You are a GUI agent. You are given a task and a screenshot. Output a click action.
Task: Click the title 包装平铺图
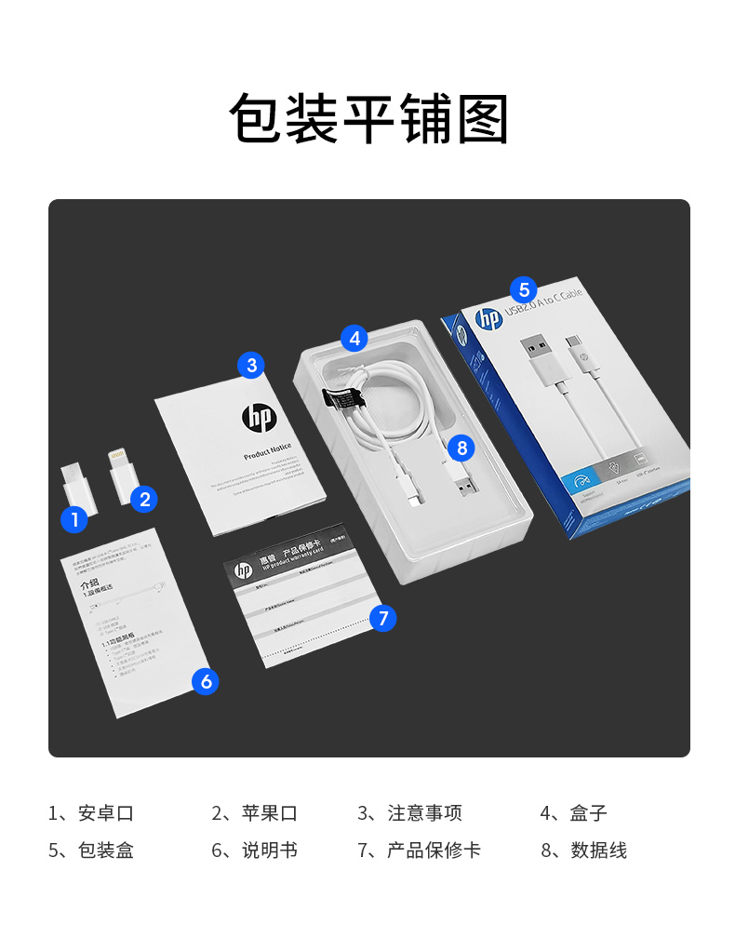point(368,120)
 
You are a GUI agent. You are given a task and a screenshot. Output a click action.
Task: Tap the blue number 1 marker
point(74,519)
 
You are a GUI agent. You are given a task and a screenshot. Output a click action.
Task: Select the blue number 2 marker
point(143,499)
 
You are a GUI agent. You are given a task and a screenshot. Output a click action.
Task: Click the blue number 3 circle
point(251,365)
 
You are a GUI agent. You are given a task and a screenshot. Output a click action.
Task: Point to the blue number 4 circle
point(354,338)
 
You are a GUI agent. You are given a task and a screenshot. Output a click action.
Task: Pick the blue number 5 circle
point(524,288)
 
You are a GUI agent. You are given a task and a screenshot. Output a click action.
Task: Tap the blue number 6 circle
point(206,681)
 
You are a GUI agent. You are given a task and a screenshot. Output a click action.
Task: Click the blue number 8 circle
point(461,448)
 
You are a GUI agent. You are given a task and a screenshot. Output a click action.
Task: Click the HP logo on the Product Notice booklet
point(258,418)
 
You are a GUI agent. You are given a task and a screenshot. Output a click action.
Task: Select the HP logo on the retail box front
point(488,318)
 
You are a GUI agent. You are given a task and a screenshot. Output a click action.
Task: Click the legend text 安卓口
point(106,813)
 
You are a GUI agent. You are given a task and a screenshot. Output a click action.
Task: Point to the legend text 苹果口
point(270,813)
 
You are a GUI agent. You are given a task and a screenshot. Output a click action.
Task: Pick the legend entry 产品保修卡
point(434,851)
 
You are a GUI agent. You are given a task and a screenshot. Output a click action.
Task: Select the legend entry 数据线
point(598,851)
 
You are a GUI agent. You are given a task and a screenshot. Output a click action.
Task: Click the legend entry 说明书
point(270,851)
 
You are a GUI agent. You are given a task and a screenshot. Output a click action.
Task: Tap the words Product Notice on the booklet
point(267,452)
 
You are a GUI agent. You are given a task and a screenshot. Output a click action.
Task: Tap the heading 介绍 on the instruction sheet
point(89,584)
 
